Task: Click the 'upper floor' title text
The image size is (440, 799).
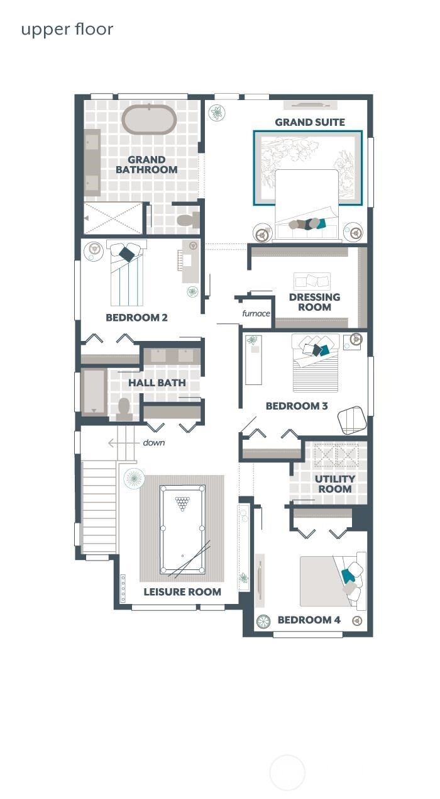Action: click(67, 30)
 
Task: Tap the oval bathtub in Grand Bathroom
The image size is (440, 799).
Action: click(148, 120)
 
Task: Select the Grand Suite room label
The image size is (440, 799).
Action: click(310, 122)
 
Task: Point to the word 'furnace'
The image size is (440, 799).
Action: click(256, 313)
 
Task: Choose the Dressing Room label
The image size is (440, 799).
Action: click(314, 302)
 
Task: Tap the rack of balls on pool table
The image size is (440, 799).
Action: click(182, 503)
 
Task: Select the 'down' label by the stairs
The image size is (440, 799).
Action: click(153, 443)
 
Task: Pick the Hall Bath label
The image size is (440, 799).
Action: click(157, 383)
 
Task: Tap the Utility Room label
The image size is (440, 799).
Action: click(334, 484)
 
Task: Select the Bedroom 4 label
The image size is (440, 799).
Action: click(309, 620)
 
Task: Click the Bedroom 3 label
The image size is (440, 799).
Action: click(297, 406)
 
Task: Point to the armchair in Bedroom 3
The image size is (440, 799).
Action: click(352, 420)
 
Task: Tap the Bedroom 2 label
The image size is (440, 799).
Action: click(136, 318)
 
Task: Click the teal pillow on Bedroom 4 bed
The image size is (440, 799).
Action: click(348, 575)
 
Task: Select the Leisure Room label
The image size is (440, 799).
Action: click(182, 592)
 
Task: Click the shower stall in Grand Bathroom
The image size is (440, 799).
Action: click(114, 218)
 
